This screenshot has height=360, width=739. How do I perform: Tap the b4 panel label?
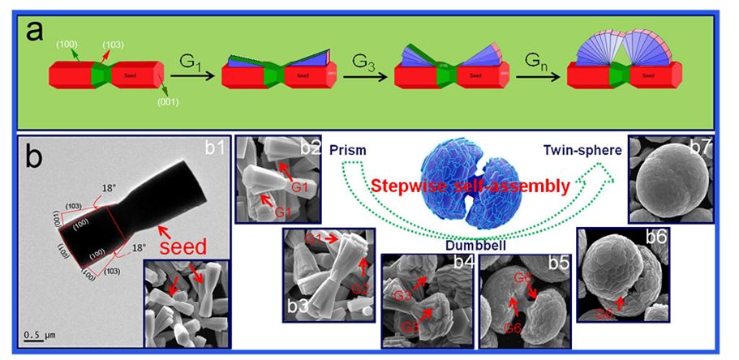click(x=464, y=262)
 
